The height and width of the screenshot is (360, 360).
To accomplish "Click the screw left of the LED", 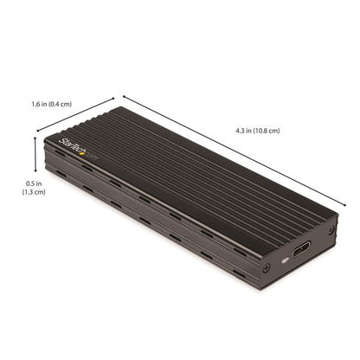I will pos(266,267).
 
